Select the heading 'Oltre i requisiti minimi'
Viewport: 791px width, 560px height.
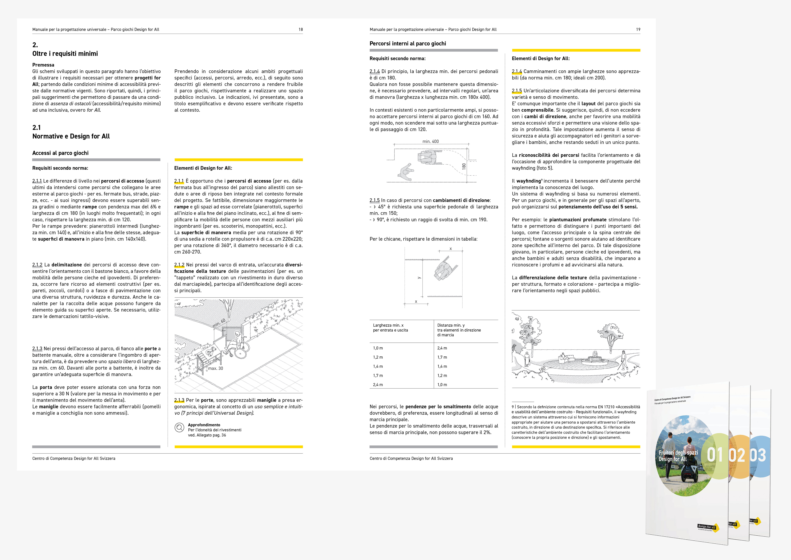pos(65,53)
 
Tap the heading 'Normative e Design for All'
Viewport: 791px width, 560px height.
pos(71,136)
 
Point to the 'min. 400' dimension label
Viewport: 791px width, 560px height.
pos(431,141)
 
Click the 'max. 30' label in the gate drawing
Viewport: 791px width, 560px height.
pos(216,368)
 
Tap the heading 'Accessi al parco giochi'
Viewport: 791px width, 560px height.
pos(60,153)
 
